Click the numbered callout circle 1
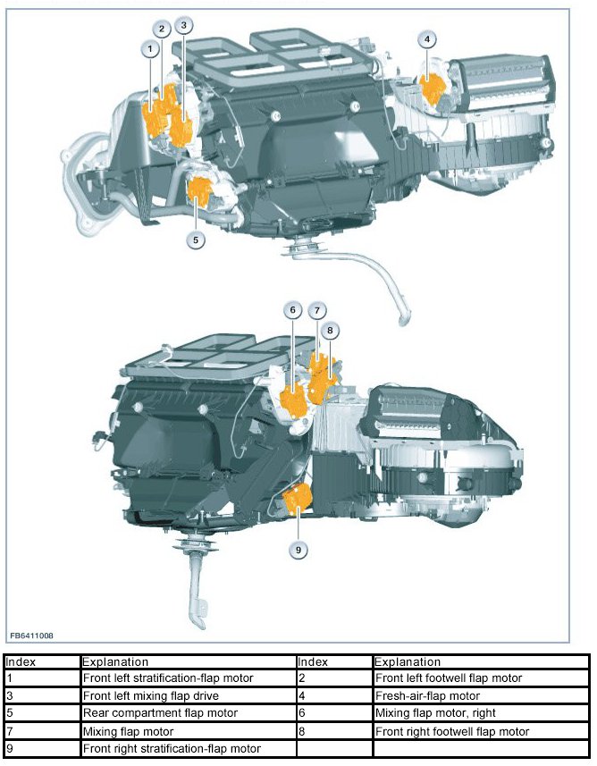coord(150,48)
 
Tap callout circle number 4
coord(427,39)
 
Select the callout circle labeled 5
coord(196,240)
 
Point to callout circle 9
coord(298,550)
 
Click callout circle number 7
coord(317,310)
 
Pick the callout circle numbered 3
coord(183,25)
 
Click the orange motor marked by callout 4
coord(432,88)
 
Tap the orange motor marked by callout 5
coord(200,190)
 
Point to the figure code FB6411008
coord(32,636)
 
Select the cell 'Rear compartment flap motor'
coord(188,713)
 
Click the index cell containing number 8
coord(334,731)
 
